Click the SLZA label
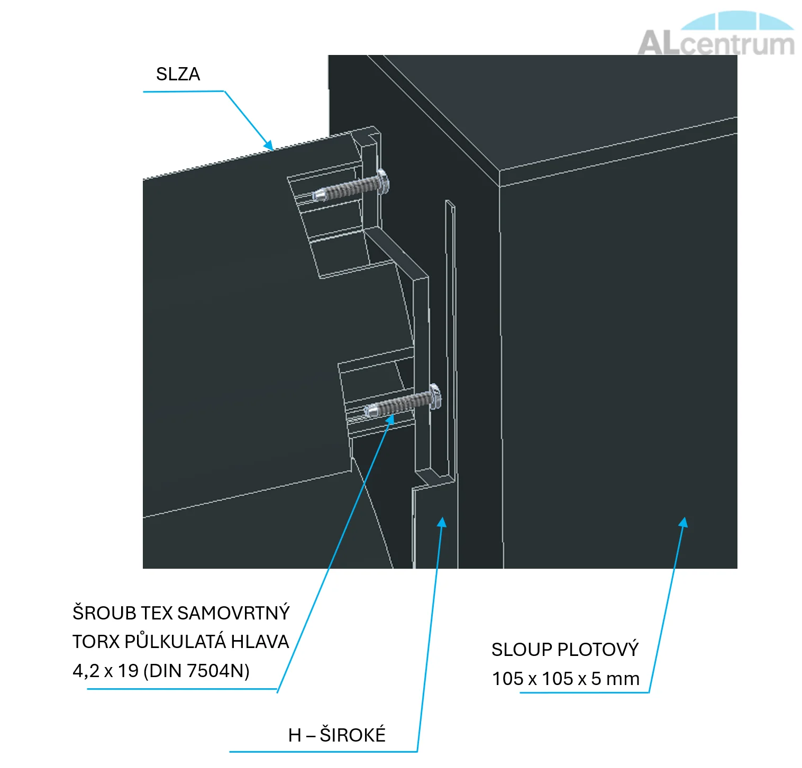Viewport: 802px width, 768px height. pyautogui.click(x=178, y=74)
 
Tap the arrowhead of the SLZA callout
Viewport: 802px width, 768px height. pyautogui.click(x=269, y=145)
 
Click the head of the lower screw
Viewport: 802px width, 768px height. pyautogui.click(x=435, y=395)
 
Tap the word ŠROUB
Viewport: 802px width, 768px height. pyautogui.click(x=104, y=613)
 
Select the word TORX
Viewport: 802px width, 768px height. pyautogui.click(x=96, y=642)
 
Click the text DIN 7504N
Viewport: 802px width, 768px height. pyautogui.click(x=196, y=671)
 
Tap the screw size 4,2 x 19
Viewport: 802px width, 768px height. pyautogui.click(x=105, y=671)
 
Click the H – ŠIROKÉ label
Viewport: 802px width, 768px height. pyautogui.click(x=337, y=735)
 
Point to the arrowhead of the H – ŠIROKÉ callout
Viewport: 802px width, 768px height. pyautogui.click(x=442, y=522)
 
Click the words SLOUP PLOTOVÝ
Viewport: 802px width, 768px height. pyautogui.click(x=565, y=650)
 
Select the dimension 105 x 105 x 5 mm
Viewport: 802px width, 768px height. pyautogui.click(x=566, y=679)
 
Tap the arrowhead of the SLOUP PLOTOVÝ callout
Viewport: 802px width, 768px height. pyautogui.click(x=684, y=522)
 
